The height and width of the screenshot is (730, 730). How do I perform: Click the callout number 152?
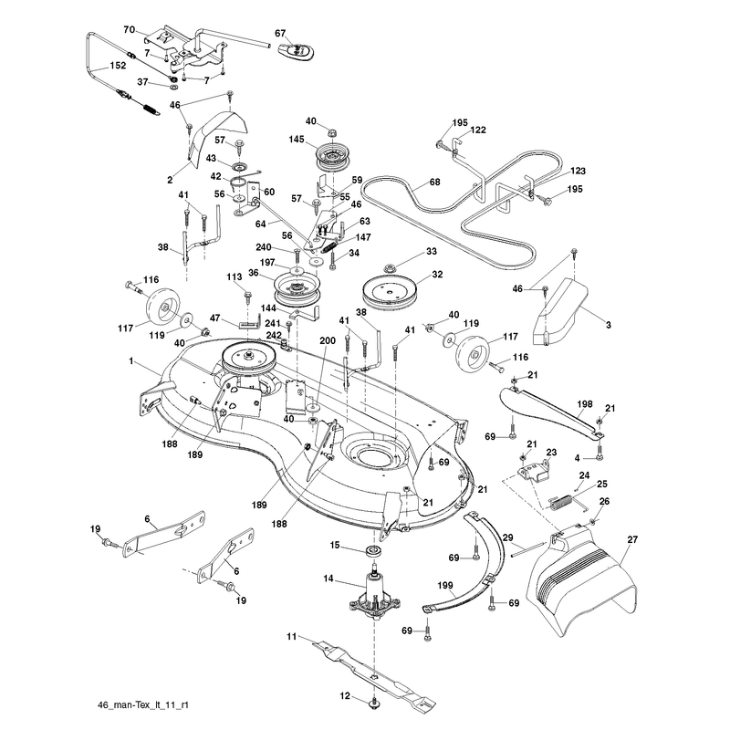click(x=118, y=66)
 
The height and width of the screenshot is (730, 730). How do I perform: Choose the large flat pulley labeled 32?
click(x=390, y=292)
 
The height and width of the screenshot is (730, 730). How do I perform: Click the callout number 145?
click(x=296, y=140)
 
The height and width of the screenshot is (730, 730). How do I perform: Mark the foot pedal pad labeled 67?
click(x=296, y=51)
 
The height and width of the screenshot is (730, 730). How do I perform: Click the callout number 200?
click(x=328, y=340)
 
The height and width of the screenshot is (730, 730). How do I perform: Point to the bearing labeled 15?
click(x=373, y=551)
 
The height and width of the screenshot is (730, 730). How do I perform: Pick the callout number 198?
click(x=585, y=403)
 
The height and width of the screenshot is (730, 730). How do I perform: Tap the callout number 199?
click(x=445, y=586)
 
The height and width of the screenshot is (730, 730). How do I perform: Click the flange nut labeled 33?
click(x=390, y=268)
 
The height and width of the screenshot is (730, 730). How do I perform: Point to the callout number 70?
click(x=129, y=30)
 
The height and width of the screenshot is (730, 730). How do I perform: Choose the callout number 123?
click(x=578, y=171)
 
